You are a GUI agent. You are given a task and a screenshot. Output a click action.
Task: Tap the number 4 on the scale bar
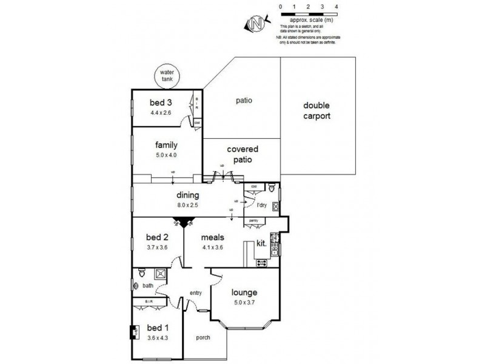336,6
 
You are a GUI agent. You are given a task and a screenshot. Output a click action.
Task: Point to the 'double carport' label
317,110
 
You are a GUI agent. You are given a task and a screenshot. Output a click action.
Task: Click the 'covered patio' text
242,155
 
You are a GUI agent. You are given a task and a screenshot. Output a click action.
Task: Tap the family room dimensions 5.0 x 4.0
166,155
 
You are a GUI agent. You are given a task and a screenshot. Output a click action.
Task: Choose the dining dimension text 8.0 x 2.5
188,205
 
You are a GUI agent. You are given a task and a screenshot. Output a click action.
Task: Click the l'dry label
262,206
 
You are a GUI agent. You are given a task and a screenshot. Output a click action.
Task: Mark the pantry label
254,220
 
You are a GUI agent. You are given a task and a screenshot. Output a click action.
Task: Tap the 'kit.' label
262,243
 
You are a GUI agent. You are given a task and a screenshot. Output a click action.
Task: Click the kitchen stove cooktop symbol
263,263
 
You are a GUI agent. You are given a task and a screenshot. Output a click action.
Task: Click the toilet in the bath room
141,272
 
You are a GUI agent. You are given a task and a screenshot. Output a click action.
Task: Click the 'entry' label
195,293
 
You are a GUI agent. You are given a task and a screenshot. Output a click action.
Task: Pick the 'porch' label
203,337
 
